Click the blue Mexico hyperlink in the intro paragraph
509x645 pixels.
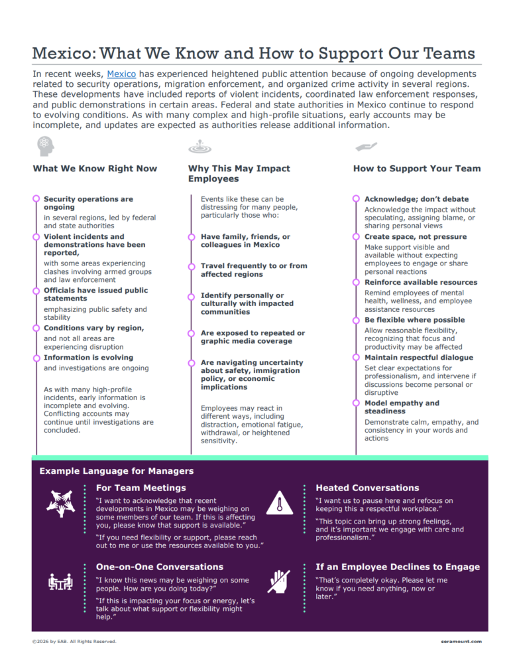coord(121,74)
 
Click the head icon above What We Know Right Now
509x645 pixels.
coord(44,144)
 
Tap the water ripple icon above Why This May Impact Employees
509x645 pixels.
coord(199,146)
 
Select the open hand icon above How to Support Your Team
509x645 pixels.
coord(366,146)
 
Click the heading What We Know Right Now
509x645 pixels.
coord(95,169)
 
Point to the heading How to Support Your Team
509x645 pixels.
coord(417,169)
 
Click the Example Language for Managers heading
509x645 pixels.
coord(117,471)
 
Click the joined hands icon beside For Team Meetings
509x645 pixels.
coord(60,504)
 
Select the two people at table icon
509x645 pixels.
coord(60,582)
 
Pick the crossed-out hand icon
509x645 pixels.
coord(279,581)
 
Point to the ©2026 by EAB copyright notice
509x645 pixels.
coord(74,641)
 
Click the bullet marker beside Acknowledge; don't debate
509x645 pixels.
coord(357,199)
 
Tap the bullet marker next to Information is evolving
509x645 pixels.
coord(36,357)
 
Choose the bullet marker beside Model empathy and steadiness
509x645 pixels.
coord(357,403)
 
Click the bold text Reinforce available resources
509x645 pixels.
coord(420,283)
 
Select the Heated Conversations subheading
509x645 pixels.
coord(367,488)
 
